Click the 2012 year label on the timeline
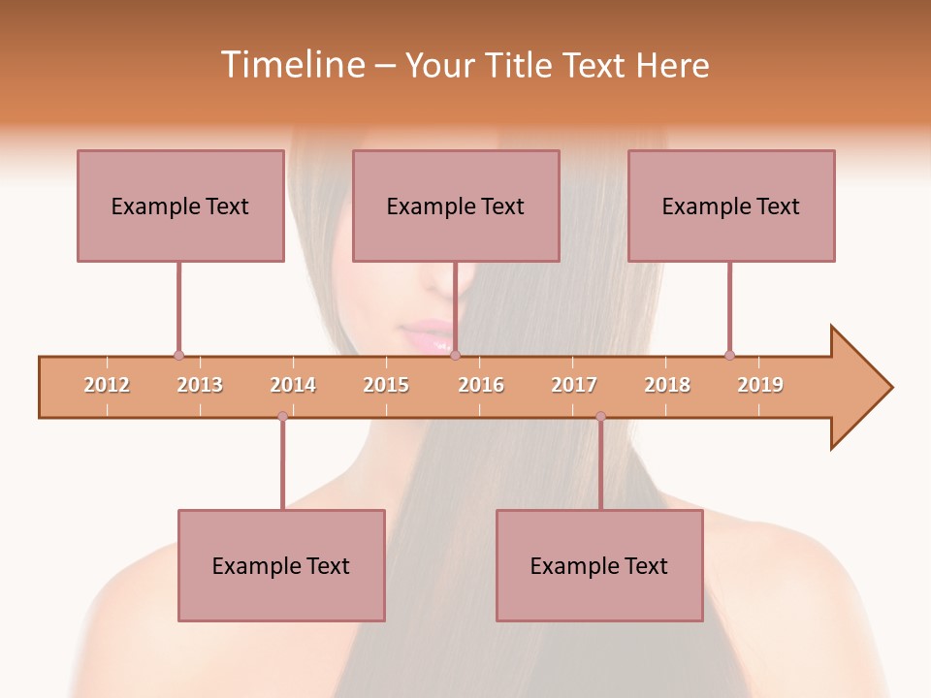pyautogui.click(x=107, y=385)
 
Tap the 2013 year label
pyautogui.click(x=200, y=385)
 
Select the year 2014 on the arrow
pyautogui.click(x=293, y=385)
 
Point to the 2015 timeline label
pyautogui.click(x=386, y=385)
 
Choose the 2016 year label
pyautogui.click(x=481, y=385)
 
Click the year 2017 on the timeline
pyautogui.click(x=574, y=385)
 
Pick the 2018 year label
pyautogui.click(x=667, y=385)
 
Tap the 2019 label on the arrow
pyautogui.click(x=760, y=385)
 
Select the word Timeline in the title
pyautogui.click(x=292, y=65)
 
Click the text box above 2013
pyautogui.click(x=180, y=206)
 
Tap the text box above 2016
pyautogui.click(x=456, y=206)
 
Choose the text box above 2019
pyautogui.click(x=731, y=206)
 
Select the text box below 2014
pyautogui.click(x=281, y=565)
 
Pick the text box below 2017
pyautogui.click(x=599, y=565)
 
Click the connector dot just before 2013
pyautogui.click(x=178, y=356)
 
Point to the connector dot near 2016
pyautogui.click(x=455, y=356)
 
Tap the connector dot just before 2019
pyautogui.click(x=729, y=356)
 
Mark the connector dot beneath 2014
pyautogui.click(x=282, y=416)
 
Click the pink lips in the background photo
pyautogui.click(x=428, y=336)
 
